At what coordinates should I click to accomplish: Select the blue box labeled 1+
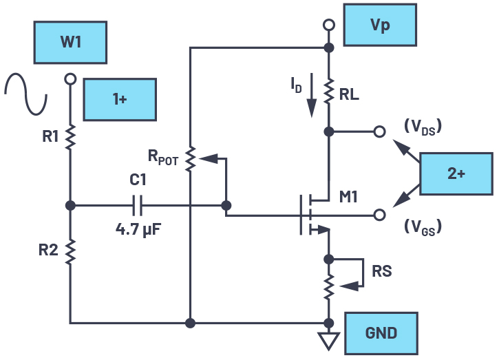coord(120,99)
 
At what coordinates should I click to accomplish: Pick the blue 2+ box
coord(456,173)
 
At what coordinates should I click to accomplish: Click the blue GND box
coord(381,333)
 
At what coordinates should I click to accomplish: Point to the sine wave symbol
coord(26,94)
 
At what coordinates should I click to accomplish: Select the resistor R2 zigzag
coord(70,251)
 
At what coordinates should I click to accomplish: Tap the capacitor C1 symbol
coord(137,205)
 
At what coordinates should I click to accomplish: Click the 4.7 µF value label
coord(138,225)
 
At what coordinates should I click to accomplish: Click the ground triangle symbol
coord(330,340)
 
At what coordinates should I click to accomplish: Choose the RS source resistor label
coord(381,271)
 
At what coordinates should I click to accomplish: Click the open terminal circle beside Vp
coord(330,25)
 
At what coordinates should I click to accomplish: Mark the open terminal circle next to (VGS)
coord(378,215)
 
